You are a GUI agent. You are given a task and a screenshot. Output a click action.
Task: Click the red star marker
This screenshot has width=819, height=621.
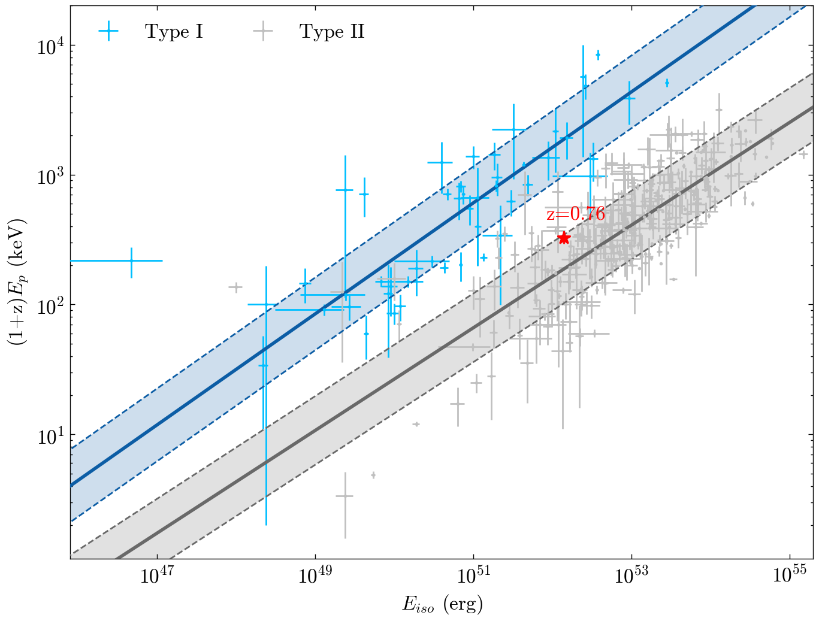pyautogui.click(x=563, y=238)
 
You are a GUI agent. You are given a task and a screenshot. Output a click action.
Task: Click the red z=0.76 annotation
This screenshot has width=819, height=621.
pyautogui.click(x=575, y=214)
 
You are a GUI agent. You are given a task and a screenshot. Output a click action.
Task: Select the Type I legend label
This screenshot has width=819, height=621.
pyautogui.click(x=174, y=32)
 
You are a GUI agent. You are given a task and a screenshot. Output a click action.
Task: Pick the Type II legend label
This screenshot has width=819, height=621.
pyautogui.click(x=332, y=32)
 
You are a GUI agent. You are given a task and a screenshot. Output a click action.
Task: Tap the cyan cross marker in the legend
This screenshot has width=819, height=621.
pyautogui.click(x=109, y=32)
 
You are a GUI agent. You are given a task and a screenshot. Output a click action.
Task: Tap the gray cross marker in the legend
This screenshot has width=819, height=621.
pyautogui.click(x=263, y=32)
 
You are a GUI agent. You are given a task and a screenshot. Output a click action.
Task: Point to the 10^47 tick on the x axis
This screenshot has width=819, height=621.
pyautogui.click(x=156, y=576)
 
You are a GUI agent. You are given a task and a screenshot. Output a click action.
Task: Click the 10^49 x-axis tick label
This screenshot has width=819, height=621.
pyautogui.click(x=315, y=576)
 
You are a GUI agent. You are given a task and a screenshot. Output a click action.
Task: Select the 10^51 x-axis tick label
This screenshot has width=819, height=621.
pyautogui.click(x=473, y=576)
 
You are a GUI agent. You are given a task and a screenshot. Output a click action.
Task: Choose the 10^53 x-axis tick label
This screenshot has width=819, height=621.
pyautogui.click(x=631, y=576)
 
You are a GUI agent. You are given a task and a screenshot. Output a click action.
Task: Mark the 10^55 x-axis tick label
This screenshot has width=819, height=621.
pyautogui.click(x=790, y=576)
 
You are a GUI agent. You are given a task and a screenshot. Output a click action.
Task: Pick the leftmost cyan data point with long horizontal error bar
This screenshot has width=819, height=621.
pyautogui.click(x=131, y=260)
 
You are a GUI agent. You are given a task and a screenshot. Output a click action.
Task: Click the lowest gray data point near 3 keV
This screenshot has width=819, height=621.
pyautogui.click(x=344, y=496)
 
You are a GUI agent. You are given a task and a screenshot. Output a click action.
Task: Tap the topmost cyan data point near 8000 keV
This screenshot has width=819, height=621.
pyautogui.click(x=598, y=55)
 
